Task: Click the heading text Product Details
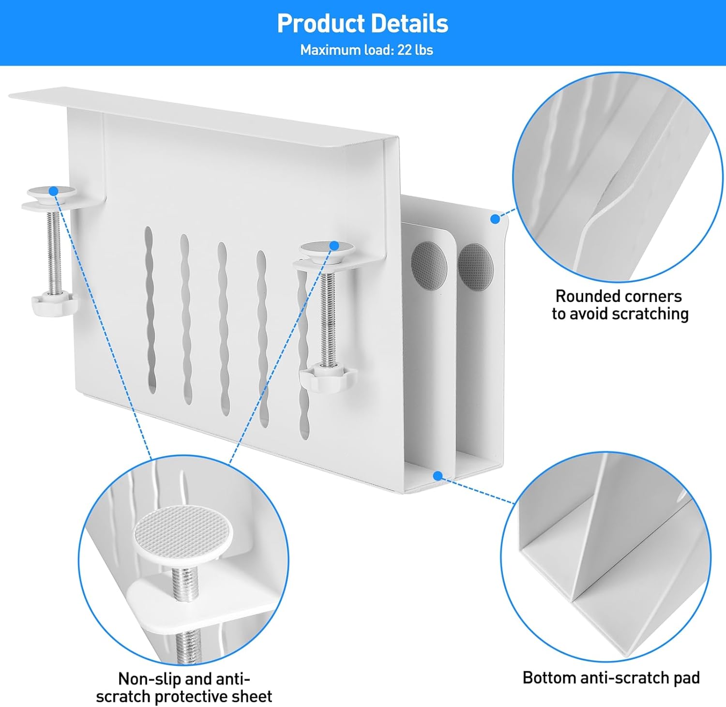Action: coord(363,23)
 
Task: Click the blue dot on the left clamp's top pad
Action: coord(54,191)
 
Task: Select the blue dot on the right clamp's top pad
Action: coord(333,246)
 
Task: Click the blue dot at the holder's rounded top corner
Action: coord(495,219)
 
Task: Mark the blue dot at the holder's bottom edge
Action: coord(438,476)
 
